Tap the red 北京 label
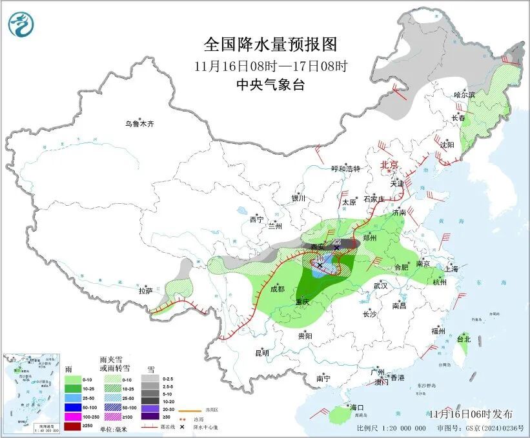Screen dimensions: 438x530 pos(389,164)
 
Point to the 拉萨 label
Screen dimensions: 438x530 pos(145,290)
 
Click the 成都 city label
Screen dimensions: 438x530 pos(278,289)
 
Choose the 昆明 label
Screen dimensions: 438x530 pos(261,353)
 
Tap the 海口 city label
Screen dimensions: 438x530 pos(357,408)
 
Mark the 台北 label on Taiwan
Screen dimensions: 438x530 pos(464,339)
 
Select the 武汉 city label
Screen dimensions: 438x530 pos(380,285)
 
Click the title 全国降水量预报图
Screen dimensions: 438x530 pos(270,45)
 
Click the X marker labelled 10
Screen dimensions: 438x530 pos(319,265)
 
